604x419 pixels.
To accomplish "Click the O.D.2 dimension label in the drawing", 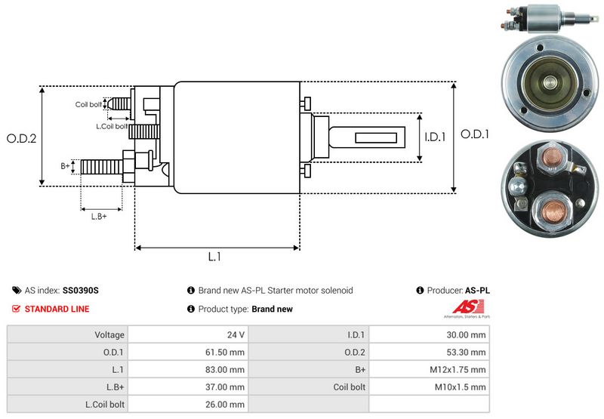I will click(x=22, y=138).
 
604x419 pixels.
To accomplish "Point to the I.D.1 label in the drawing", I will click(x=436, y=137).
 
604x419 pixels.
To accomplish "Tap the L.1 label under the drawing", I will click(x=214, y=257).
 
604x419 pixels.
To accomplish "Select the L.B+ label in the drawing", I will click(x=99, y=217).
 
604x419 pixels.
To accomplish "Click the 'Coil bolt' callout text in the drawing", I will click(x=88, y=104).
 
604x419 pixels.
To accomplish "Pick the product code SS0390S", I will click(x=81, y=290).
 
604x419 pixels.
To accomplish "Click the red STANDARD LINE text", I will click(x=57, y=309).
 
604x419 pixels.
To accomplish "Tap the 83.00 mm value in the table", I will click(x=226, y=369).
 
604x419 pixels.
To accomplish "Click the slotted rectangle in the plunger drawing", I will click(x=374, y=137).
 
